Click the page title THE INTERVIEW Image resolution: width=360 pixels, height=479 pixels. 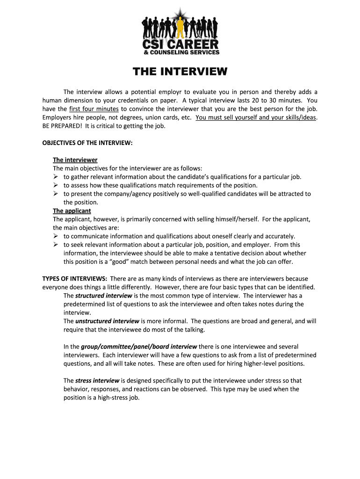click(x=180, y=72)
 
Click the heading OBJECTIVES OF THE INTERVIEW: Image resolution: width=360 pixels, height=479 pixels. click(x=87, y=143)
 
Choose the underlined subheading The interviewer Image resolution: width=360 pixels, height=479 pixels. click(x=75, y=160)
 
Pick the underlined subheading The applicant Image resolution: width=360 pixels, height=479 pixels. click(x=72, y=211)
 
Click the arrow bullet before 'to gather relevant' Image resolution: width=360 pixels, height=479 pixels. click(x=56, y=177)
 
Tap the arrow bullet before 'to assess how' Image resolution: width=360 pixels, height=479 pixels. click(x=56, y=185)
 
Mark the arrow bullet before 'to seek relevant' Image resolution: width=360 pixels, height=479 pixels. click(x=56, y=245)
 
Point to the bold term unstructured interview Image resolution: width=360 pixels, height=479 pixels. click(x=107, y=321)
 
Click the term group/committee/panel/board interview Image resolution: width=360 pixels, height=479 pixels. click(x=139, y=347)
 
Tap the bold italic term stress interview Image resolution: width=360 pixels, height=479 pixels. click(x=97, y=381)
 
